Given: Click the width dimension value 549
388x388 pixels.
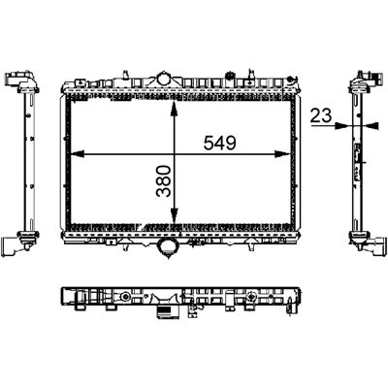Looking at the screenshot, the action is click(x=220, y=143).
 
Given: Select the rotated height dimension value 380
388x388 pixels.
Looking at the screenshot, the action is click(x=163, y=181).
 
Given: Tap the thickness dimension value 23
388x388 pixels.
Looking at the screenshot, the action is click(x=321, y=115).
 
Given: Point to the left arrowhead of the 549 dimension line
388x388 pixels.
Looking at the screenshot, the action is click(x=77, y=154).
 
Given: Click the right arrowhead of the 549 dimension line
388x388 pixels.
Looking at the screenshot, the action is click(x=282, y=154).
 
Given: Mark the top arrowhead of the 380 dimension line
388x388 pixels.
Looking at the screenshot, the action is click(x=174, y=108).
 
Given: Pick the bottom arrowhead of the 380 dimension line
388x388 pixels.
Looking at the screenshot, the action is click(x=174, y=216).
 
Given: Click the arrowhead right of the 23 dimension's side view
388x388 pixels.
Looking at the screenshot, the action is click(x=371, y=125).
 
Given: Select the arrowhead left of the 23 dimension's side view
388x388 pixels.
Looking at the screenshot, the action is click(x=342, y=125).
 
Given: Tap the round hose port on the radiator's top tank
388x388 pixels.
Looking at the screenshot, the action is click(x=164, y=79).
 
